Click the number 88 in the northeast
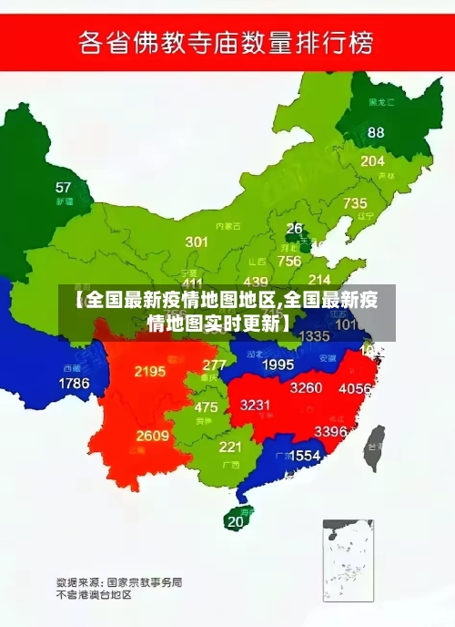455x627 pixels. (x=376, y=132)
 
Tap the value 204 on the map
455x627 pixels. (x=372, y=160)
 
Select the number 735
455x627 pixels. (x=355, y=203)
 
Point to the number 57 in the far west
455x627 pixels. (x=63, y=188)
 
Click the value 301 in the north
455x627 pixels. (x=197, y=242)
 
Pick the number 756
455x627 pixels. (x=289, y=261)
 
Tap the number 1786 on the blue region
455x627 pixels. (x=75, y=384)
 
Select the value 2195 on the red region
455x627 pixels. (x=149, y=371)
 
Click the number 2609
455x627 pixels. (x=153, y=436)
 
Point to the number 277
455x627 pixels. (x=214, y=365)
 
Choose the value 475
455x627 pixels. (x=206, y=407)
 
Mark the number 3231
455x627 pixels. (x=256, y=405)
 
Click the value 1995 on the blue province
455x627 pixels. (x=278, y=365)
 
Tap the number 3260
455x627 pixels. (x=306, y=387)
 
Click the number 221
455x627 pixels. (x=230, y=447)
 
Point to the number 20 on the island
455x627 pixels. (x=236, y=522)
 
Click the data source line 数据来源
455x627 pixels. (x=119, y=581)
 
